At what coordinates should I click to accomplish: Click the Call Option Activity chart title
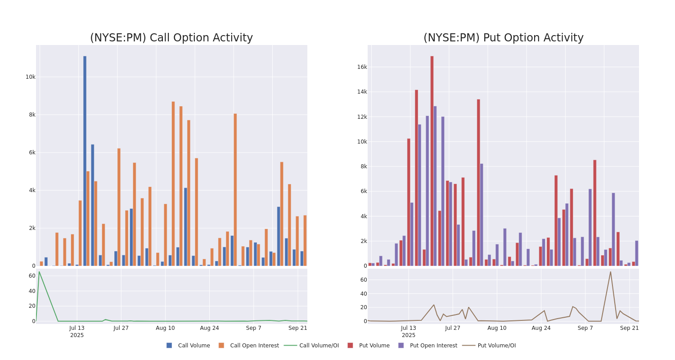tap(171, 38)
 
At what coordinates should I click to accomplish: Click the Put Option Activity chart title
tap(503, 38)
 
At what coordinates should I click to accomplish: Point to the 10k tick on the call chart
tap(30, 77)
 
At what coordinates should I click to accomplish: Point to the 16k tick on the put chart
tap(362, 67)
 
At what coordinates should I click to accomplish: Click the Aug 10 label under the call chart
tap(165, 328)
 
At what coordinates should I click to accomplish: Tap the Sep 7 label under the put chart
tap(585, 328)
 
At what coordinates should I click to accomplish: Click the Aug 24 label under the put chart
tap(541, 328)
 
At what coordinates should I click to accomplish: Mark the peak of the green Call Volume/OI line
tap(39, 272)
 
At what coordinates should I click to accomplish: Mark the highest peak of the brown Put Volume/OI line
tap(610, 272)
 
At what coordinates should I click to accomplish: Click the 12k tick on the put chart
tap(362, 117)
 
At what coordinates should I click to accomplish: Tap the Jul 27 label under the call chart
tap(121, 328)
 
